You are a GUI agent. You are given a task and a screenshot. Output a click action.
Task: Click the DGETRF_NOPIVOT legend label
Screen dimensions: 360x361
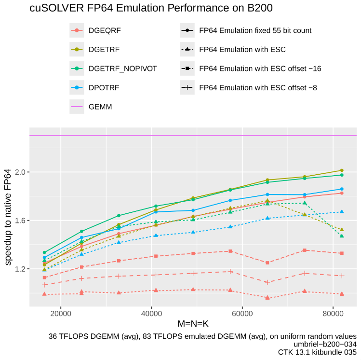coord(122,69)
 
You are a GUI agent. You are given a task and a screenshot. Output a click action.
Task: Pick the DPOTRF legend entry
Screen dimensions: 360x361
coord(104,88)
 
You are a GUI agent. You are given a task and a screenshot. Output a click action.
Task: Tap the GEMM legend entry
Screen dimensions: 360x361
coord(100,107)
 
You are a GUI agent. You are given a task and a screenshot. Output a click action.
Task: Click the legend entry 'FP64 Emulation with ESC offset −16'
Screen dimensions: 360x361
coord(260,69)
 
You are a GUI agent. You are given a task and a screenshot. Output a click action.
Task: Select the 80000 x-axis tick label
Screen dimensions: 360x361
coord(333,313)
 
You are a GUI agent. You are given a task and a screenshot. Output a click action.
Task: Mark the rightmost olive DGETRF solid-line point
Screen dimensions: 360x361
coord(342,170)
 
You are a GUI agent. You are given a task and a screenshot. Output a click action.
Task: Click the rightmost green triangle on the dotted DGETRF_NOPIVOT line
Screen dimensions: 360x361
coord(342,235)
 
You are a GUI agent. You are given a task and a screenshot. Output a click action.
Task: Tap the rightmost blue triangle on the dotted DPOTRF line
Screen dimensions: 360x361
coord(342,211)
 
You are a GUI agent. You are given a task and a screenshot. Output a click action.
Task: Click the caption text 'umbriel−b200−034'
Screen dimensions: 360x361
coord(327,344)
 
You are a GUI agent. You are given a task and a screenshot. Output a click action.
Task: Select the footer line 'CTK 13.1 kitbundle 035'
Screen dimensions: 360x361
coord(317,352)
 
